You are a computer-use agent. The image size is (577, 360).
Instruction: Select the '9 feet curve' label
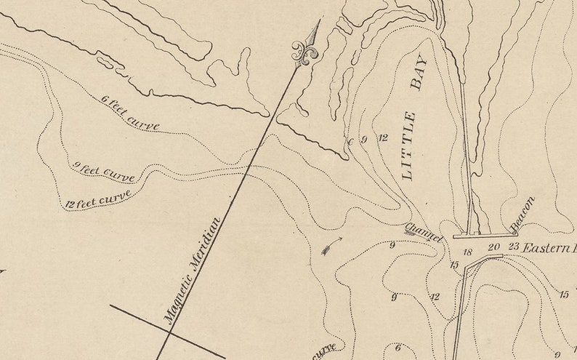[x=104, y=171]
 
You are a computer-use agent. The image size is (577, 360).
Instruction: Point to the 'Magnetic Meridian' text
[x=191, y=270]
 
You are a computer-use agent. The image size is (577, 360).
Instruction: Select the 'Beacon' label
[x=522, y=212]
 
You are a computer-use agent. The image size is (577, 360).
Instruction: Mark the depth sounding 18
[x=467, y=252]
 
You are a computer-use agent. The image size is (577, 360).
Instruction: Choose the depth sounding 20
[x=493, y=247]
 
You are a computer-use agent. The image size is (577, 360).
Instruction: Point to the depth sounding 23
[x=514, y=247]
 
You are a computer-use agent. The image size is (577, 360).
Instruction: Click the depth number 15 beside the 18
[x=454, y=265]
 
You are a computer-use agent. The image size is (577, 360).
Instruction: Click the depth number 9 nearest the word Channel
[x=392, y=246]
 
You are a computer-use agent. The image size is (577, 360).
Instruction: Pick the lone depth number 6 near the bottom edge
[x=398, y=348]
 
